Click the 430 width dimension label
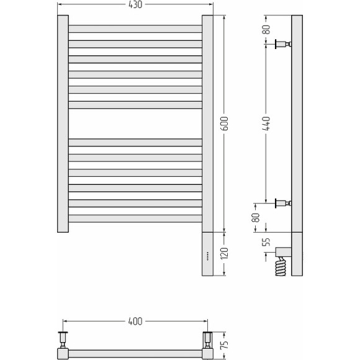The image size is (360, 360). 135,4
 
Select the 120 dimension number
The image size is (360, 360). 225,253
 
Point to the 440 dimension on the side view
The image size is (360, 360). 266,124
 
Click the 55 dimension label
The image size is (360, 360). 266,242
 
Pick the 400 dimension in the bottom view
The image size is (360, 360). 135,321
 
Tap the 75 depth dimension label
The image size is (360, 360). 225,344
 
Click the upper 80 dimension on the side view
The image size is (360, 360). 266,29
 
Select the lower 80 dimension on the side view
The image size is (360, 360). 256,217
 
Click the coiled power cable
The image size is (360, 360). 281,266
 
